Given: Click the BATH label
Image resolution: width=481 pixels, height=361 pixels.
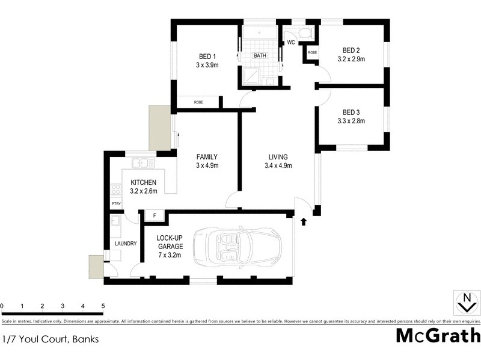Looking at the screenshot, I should (260, 56).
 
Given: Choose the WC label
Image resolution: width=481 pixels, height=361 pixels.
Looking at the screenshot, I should (290, 43).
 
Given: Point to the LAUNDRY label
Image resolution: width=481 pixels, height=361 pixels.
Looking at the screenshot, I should (126, 244).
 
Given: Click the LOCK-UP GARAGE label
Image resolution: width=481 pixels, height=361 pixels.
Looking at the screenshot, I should (171, 242).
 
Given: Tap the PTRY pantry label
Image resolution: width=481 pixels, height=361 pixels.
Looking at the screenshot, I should (115, 204).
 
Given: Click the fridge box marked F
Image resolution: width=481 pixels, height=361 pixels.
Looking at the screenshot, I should (155, 215).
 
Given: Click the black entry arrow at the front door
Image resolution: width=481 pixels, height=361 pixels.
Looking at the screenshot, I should (303, 221).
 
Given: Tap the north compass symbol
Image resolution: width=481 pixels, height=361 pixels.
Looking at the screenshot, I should (466, 303).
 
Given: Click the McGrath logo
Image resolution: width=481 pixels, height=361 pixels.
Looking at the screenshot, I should (438, 335).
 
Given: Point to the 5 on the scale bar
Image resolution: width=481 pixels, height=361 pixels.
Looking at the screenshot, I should (103, 306).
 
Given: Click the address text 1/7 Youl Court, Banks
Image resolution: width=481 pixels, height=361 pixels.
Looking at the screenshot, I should (51, 338).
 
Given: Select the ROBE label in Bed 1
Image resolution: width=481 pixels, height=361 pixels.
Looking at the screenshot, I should (198, 102).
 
